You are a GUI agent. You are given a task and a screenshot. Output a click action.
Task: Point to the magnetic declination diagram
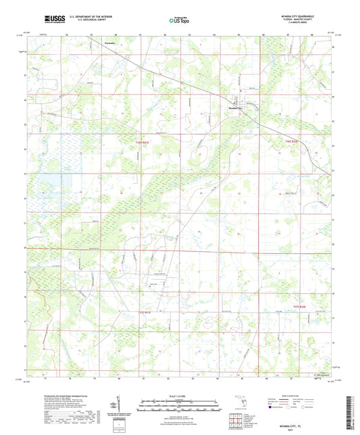click(120, 405)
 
